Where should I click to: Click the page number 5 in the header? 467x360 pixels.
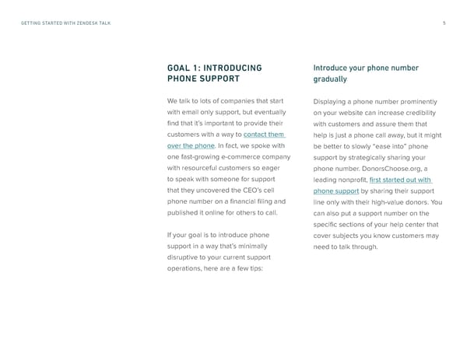[443, 23]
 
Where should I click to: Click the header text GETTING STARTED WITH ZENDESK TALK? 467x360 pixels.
[65, 23]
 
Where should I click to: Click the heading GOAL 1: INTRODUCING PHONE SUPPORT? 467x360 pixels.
[215, 73]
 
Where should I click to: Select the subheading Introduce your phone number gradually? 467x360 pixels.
[365, 73]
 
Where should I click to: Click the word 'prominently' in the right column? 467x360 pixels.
[417, 102]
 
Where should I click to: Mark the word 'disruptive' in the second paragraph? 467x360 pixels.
[184, 257]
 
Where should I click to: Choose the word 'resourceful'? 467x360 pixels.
[205, 168]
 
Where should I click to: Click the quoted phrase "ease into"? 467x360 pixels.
[392, 146]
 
